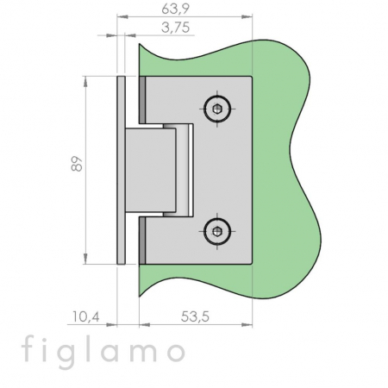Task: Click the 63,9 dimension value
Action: click(175, 9)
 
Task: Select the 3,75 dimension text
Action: click(175, 28)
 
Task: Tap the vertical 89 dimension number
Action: click(77, 164)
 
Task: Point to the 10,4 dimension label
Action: click(85, 316)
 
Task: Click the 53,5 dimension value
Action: click(195, 316)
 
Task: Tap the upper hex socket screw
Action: click(217, 109)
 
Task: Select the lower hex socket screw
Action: click(217, 231)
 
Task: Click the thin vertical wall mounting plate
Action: click(121, 170)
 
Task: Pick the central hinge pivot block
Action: click(151, 170)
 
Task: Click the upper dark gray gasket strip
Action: click(142, 100)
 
